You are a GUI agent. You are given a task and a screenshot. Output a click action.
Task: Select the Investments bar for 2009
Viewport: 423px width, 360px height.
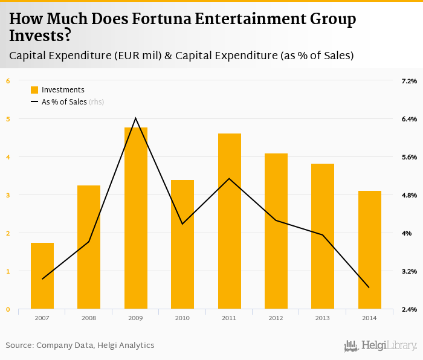(x=136, y=217)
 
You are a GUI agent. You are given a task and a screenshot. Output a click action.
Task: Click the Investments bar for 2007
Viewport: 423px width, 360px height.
(x=42, y=275)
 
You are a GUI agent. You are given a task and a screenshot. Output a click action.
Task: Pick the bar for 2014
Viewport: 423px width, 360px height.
(x=369, y=250)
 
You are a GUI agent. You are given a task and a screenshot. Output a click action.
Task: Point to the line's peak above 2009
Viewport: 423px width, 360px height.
(x=136, y=118)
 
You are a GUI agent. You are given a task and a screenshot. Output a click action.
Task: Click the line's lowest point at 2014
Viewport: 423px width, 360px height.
(x=369, y=288)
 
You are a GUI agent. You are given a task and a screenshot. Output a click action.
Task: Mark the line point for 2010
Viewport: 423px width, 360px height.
(x=182, y=224)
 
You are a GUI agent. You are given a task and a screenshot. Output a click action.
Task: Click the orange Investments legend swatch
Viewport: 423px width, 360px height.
(x=34, y=90)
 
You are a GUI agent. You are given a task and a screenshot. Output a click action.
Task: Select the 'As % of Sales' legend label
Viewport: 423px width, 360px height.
(x=64, y=102)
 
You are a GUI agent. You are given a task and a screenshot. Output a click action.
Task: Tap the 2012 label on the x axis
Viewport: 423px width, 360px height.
(x=276, y=318)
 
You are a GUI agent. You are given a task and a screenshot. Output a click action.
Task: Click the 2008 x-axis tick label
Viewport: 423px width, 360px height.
(x=89, y=318)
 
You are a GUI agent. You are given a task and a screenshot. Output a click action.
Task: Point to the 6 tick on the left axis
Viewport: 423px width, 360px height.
(x=8, y=81)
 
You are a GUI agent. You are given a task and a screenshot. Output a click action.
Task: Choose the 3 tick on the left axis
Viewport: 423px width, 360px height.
(x=8, y=195)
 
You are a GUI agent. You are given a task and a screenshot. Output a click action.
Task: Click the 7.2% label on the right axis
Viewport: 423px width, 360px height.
(x=409, y=81)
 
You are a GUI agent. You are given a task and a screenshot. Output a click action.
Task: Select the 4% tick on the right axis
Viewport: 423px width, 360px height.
(x=407, y=233)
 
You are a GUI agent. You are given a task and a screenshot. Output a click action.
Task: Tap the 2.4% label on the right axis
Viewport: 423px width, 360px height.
(x=409, y=309)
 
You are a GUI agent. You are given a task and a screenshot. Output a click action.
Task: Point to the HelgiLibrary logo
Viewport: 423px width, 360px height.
(x=380, y=346)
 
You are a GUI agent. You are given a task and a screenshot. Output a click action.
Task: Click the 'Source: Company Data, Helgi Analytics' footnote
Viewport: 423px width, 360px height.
(x=80, y=346)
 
